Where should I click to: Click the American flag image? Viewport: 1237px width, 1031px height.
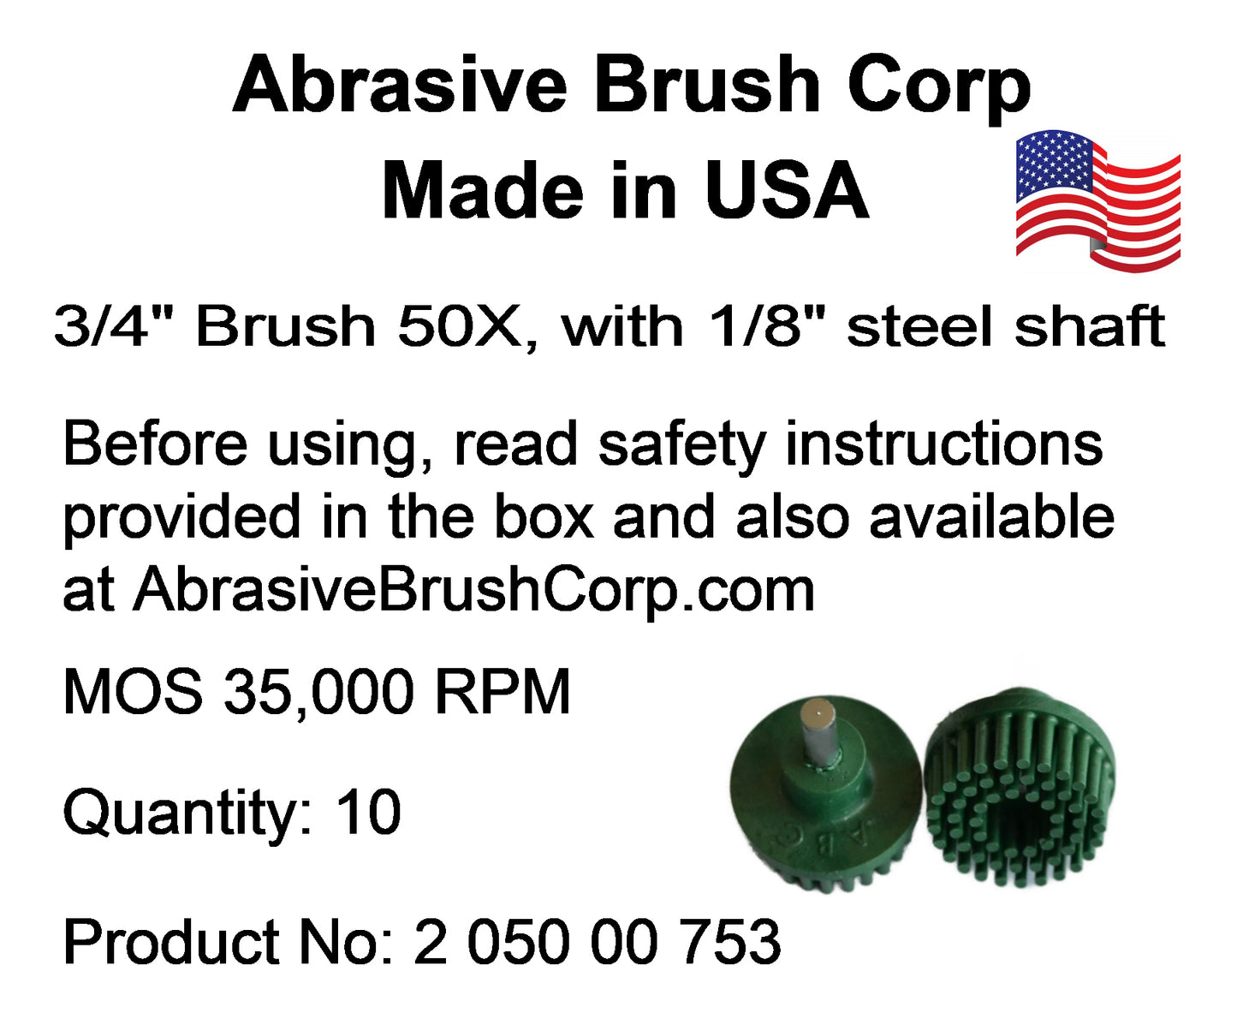click(1097, 201)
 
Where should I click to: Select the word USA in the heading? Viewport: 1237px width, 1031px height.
click(788, 189)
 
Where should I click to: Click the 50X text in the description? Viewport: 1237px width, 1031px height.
click(459, 326)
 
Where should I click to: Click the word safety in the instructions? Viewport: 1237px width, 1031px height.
click(681, 447)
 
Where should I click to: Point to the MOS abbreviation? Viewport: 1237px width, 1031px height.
click(133, 693)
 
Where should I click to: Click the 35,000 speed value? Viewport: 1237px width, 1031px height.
click(318, 694)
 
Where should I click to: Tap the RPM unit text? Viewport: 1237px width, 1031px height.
click(503, 693)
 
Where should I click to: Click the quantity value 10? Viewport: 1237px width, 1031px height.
click(368, 811)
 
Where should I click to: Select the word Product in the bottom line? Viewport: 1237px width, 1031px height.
click(171, 942)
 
